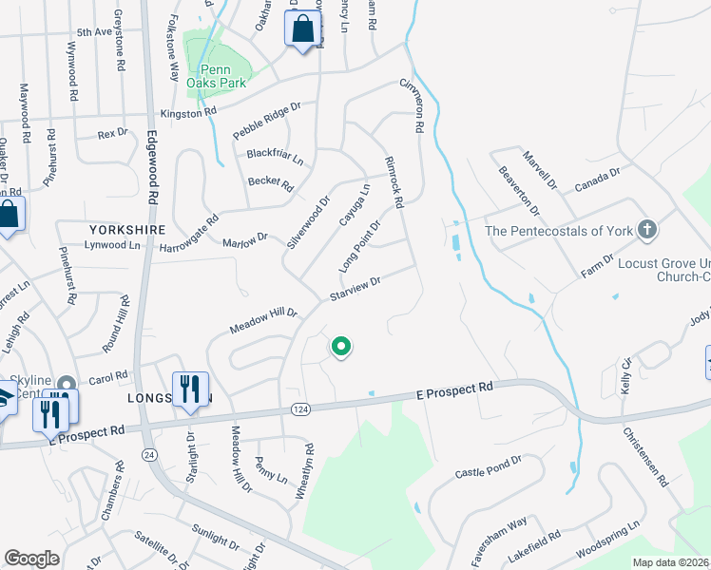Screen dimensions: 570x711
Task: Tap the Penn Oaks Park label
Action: tap(217, 75)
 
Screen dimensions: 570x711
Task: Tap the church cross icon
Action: tap(646, 230)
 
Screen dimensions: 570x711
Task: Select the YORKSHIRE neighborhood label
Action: tap(127, 230)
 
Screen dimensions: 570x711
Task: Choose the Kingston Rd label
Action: tap(188, 113)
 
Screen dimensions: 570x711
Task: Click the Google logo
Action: tap(32, 559)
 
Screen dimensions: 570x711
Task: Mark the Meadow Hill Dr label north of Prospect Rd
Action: tap(263, 321)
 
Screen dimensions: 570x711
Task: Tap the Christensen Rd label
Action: tap(647, 457)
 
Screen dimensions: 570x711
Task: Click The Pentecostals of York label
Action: tap(558, 230)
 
